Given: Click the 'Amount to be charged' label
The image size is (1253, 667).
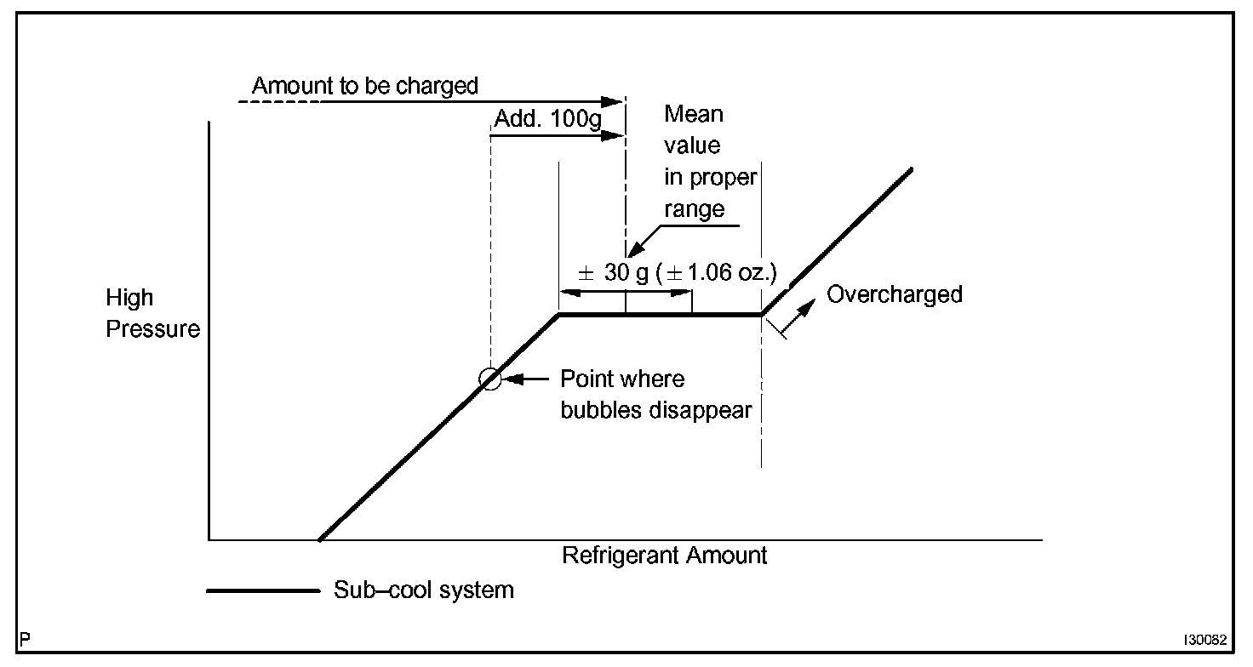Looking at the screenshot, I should [x=364, y=86].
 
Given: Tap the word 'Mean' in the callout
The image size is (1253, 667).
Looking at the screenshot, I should [x=694, y=113].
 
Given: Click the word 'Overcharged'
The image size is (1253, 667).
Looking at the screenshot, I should [x=895, y=294].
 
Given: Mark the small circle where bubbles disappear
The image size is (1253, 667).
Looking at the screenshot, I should [x=490, y=379].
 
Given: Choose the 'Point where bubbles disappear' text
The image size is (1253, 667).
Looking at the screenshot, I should [x=655, y=394].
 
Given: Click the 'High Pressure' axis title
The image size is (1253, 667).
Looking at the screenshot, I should [x=152, y=313].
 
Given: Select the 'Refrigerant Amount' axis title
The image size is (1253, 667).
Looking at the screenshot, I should [x=664, y=556].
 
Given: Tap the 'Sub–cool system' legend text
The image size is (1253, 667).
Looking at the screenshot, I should [x=423, y=590].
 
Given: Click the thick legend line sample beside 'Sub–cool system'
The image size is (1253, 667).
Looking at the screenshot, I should [x=262, y=590].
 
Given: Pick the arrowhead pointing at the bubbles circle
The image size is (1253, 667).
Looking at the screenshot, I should [x=511, y=379].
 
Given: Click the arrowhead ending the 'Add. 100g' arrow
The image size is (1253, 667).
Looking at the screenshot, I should [x=616, y=134].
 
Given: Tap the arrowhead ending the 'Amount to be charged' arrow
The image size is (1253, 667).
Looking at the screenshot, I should [x=616, y=102].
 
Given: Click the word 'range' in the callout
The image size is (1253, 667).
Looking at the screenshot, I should [x=694, y=209].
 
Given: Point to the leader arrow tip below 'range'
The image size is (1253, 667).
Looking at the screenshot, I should [x=630, y=253].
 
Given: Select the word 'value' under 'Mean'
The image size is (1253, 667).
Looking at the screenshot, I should [x=692, y=145].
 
